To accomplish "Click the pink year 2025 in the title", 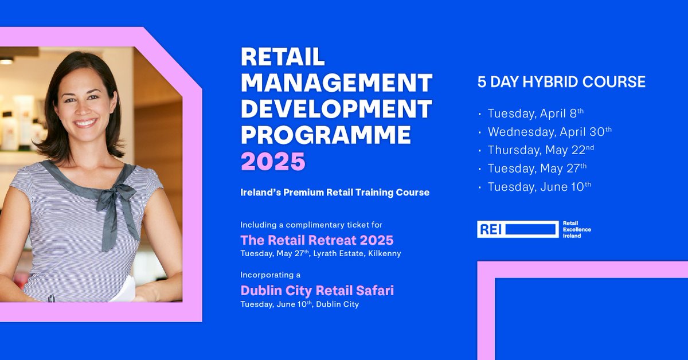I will (x=273, y=161).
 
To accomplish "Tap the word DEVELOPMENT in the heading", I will (x=336, y=109).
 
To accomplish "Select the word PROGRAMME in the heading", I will (x=326, y=135).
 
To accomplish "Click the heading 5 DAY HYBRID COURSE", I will (x=561, y=82).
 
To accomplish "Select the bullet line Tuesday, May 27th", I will (x=537, y=168).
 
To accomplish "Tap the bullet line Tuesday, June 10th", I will (x=539, y=186).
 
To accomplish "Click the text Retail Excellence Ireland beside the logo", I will (x=576, y=229).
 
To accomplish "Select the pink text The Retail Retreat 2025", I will (x=317, y=240).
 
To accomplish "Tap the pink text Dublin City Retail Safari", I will (x=317, y=291).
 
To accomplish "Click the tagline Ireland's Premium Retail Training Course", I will (x=335, y=193).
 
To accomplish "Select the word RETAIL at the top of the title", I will (x=283, y=57).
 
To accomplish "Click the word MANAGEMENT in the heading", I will (x=336, y=83).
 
